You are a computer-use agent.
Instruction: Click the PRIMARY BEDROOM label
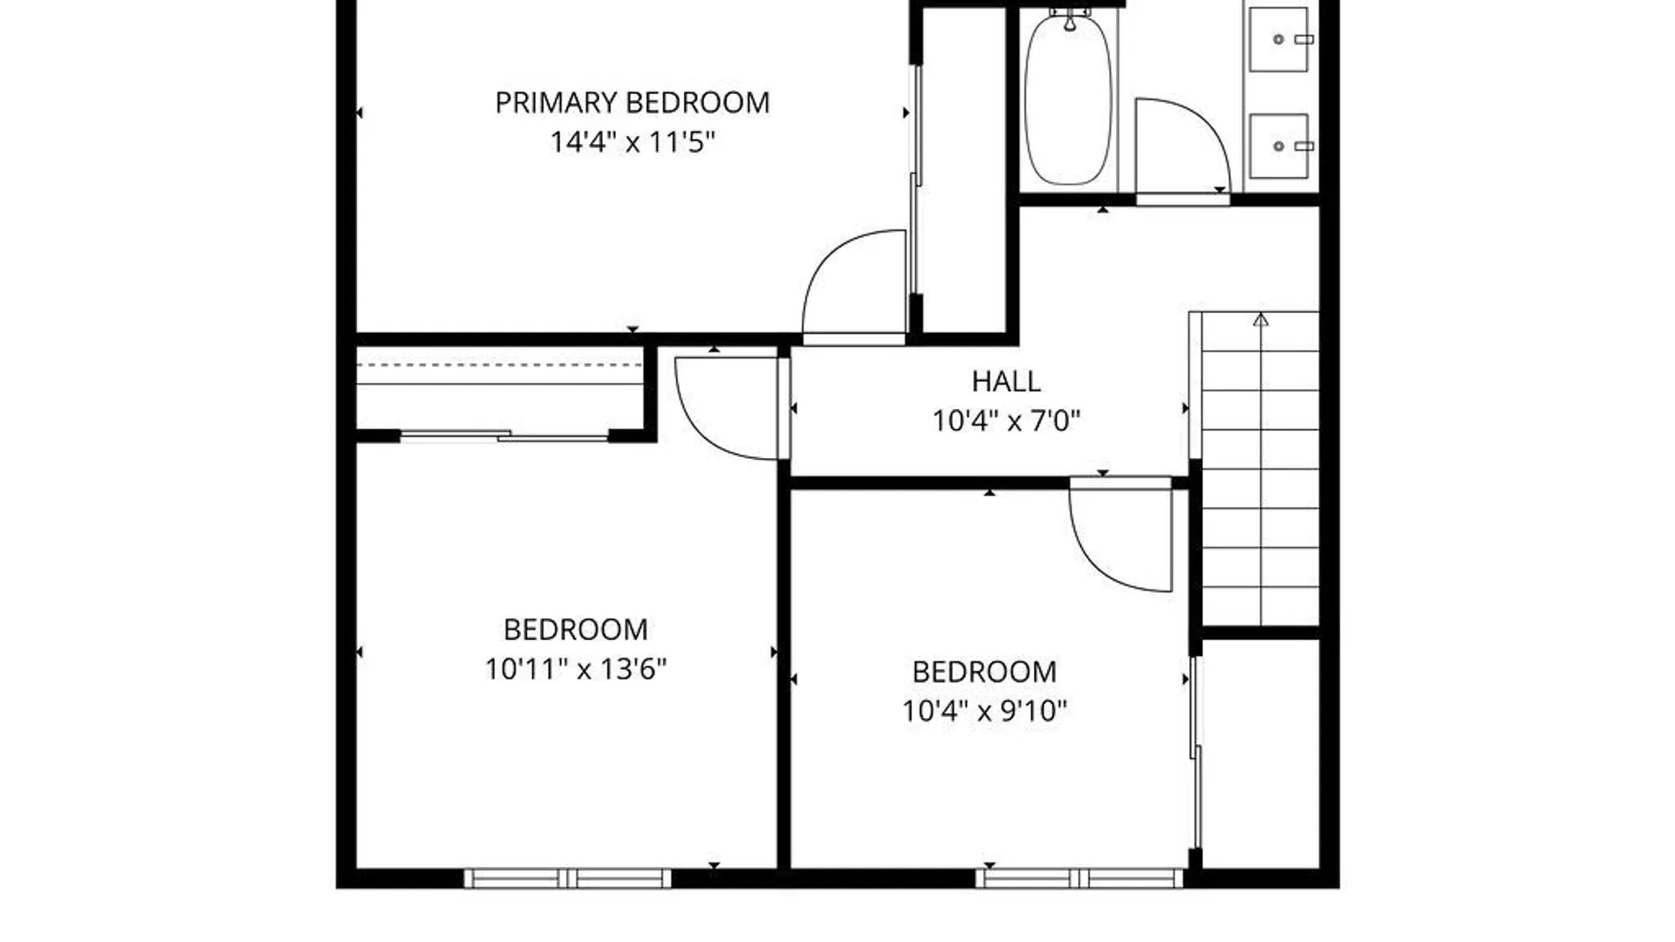632,103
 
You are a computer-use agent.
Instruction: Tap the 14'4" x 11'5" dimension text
632,141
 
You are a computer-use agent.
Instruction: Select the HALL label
1006,381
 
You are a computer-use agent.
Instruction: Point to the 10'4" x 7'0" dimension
1006,421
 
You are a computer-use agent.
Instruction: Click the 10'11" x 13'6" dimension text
576,669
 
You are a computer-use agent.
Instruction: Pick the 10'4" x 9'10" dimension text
985,711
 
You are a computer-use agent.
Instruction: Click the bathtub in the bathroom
1069,98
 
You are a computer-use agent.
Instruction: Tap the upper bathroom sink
1279,39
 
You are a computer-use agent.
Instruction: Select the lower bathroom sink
1279,147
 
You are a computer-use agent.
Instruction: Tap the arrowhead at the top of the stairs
1261,319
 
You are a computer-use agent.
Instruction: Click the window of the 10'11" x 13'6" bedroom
568,877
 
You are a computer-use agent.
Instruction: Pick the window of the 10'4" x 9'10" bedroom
1080,877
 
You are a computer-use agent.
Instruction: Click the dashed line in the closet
500,365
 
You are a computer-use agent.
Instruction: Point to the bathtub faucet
1070,19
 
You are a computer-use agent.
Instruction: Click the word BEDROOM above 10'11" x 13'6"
576,630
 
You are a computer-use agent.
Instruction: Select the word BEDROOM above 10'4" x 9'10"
985,672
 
